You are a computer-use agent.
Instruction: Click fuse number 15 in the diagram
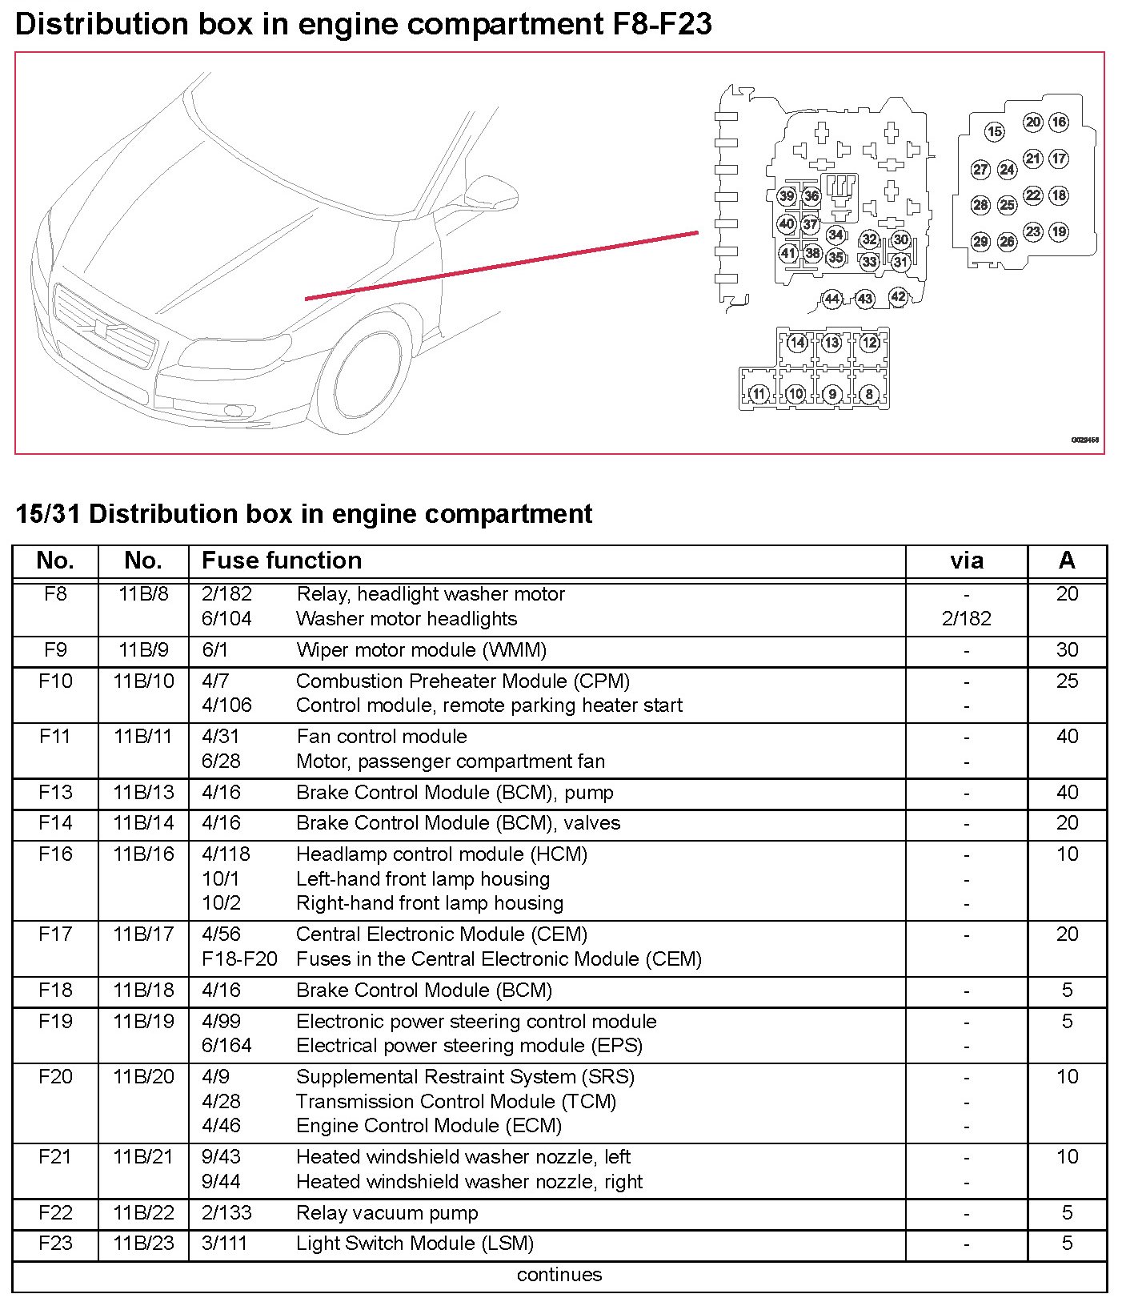tap(994, 131)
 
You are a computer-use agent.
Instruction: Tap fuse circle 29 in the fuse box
tap(980, 241)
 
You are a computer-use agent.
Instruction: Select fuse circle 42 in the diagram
tap(899, 296)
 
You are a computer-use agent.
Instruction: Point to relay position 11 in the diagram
tap(759, 393)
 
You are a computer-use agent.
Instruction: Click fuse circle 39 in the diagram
tap(787, 196)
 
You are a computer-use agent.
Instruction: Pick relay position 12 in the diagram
tap(870, 343)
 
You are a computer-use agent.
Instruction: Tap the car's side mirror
tap(490, 191)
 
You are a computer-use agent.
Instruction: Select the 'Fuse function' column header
tap(282, 561)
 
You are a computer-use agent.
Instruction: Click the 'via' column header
tap(966, 561)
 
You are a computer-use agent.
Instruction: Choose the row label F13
tap(55, 792)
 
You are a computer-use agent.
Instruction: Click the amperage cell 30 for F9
tap(1067, 649)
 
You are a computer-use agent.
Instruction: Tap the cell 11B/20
tap(143, 1076)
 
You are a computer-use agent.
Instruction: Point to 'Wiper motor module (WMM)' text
tap(421, 649)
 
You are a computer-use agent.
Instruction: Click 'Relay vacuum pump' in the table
tap(387, 1212)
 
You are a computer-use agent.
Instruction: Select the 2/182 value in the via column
tap(966, 618)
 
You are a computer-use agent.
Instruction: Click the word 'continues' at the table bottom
tap(559, 1274)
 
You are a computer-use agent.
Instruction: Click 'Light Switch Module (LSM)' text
tap(415, 1243)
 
